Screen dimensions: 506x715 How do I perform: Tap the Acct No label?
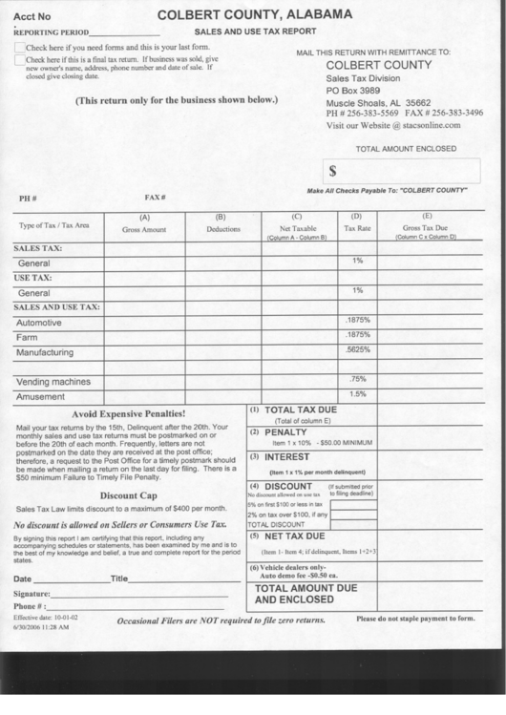tap(33, 16)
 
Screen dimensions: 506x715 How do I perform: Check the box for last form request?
tap(20, 47)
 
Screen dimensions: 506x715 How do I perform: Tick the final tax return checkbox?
tap(20, 59)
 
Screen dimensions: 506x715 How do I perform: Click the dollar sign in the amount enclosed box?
tap(333, 171)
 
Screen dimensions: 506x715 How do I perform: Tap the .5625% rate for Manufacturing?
tap(357, 350)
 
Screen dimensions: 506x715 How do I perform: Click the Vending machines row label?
tap(53, 382)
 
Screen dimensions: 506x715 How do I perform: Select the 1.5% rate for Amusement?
tap(357, 393)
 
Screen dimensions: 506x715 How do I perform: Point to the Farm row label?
tap(27, 338)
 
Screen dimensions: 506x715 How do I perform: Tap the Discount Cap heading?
tap(129, 495)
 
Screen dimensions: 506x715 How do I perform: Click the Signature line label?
tap(32, 594)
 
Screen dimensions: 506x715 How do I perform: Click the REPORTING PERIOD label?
tap(50, 32)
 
